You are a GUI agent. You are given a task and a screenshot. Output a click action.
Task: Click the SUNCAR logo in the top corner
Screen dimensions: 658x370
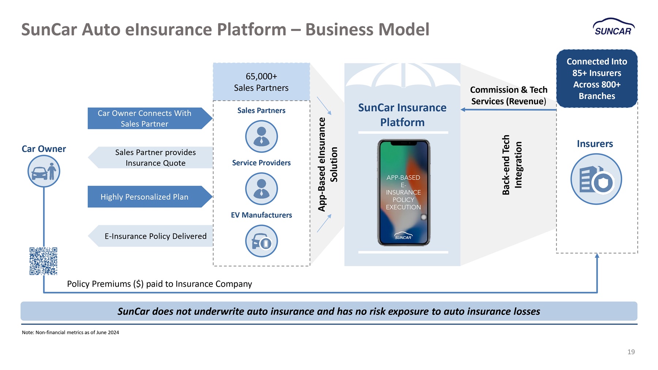pyautogui.click(x=614, y=27)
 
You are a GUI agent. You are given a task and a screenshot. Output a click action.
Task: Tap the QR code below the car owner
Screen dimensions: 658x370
pyautogui.click(x=44, y=261)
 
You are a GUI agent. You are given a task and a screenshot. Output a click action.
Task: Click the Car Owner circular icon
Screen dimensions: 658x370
pyautogui.click(x=44, y=171)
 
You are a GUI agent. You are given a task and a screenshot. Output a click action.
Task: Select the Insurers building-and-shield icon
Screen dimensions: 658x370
pyautogui.click(x=596, y=179)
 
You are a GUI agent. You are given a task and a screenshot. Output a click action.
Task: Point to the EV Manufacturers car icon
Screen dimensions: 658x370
pyautogui.click(x=261, y=241)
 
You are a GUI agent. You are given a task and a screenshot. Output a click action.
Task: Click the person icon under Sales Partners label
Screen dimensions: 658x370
pyautogui.click(x=261, y=136)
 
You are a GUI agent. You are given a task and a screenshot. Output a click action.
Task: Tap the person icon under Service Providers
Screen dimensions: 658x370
pyautogui.click(x=261, y=189)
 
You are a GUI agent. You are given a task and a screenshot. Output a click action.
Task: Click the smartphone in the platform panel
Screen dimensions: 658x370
pyautogui.click(x=404, y=192)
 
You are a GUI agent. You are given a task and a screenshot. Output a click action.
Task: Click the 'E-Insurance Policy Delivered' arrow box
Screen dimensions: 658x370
pyautogui.click(x=150, y=236)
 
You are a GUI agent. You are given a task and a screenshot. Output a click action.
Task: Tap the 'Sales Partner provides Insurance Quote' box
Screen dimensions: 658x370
pyautogui.click(x=150, y=158)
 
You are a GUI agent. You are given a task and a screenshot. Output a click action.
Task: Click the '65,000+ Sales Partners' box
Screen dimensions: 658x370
pyautogui.click(x=261, y=82)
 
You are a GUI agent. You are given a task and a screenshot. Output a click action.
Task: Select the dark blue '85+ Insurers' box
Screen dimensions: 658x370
pyautogui.click(x=597, y=79)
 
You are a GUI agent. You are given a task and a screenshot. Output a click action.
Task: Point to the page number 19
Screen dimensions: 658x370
pyautogui.click(x=631, y=352)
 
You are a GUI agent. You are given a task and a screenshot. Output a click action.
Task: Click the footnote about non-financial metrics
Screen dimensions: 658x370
pyautogui.click(x=71, y=332)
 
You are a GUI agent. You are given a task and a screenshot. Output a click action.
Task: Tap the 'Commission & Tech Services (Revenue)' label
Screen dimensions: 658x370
pyautogui.click(x=508, y=95)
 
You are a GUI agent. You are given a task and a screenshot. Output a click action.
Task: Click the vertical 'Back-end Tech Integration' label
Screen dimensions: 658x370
pyautogui.click(x=512, y=165)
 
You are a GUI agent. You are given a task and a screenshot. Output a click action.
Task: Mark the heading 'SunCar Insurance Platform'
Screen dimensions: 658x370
pyautogui.click(x=402, y=115)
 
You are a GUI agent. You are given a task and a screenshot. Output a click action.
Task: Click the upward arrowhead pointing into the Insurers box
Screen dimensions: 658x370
pyautogui.click(x=597, y=256)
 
